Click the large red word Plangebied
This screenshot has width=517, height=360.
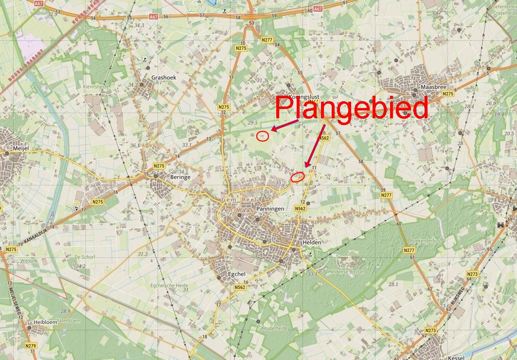pos(352,108)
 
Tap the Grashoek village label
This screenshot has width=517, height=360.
pos(163,77)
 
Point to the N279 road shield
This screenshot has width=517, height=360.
pos(31,346)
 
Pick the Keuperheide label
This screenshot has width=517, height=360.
pos(275,328)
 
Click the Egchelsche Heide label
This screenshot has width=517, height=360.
pos(169,285)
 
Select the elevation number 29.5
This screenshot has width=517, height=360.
pos(253,123)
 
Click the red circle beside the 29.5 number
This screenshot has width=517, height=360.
pos(263,136)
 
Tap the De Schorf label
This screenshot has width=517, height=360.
pos(85,256)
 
